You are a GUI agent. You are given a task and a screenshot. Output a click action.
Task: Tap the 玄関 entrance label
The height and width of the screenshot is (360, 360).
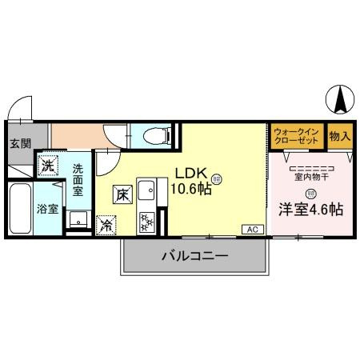(x=20, y=145)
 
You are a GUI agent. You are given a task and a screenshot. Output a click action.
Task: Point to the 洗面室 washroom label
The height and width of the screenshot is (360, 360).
(x=79, y=176)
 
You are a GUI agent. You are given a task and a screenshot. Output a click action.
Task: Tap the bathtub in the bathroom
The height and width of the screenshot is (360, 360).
(x=20, y=207)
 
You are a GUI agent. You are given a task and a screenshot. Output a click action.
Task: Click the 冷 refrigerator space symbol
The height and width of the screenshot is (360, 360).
(x=106, y=226)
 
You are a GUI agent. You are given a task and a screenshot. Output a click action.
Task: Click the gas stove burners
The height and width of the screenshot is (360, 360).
(x=147, y=221)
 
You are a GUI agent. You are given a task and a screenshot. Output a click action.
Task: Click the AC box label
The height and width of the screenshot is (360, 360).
(x=252, y=230)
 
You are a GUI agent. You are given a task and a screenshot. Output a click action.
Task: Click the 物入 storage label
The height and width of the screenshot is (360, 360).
(x=339, y=136)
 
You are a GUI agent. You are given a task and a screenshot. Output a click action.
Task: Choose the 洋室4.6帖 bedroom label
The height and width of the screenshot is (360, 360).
(x=310, y=210)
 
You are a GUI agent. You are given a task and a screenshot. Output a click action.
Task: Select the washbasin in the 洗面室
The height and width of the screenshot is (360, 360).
(x=78, y=218)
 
